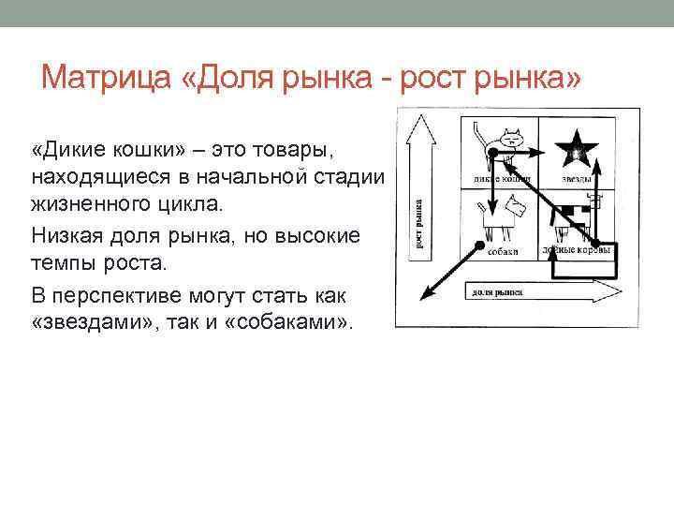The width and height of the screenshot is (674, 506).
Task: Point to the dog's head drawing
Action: [514, 203]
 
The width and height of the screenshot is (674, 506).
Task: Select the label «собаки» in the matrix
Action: [504, 250]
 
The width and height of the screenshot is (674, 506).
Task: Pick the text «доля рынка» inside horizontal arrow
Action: [497, 292]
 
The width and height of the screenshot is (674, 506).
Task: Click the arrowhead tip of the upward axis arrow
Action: [418, 115]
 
